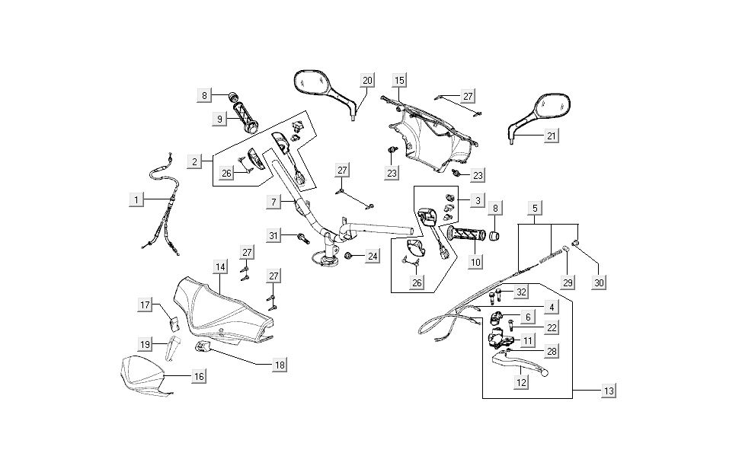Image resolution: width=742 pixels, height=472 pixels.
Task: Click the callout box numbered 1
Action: coord(136,199)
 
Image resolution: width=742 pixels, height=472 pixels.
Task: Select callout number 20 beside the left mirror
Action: coord(368,80)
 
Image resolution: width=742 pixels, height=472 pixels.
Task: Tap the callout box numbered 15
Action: coord(399,80)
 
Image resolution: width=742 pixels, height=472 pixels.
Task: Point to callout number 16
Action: coord(198,376)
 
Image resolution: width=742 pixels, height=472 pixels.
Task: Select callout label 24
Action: coord(372,257)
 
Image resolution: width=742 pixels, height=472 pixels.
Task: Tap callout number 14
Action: coord(219,267)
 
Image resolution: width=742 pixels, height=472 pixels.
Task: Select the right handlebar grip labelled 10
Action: coord(465,234)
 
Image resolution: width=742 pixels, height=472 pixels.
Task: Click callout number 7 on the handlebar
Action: coord(273,202)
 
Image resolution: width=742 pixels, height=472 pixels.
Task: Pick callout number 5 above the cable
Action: coord(535,208)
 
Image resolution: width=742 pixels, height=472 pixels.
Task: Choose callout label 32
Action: coord(521,292)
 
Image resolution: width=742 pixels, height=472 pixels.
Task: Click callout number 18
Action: coord(280,365)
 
